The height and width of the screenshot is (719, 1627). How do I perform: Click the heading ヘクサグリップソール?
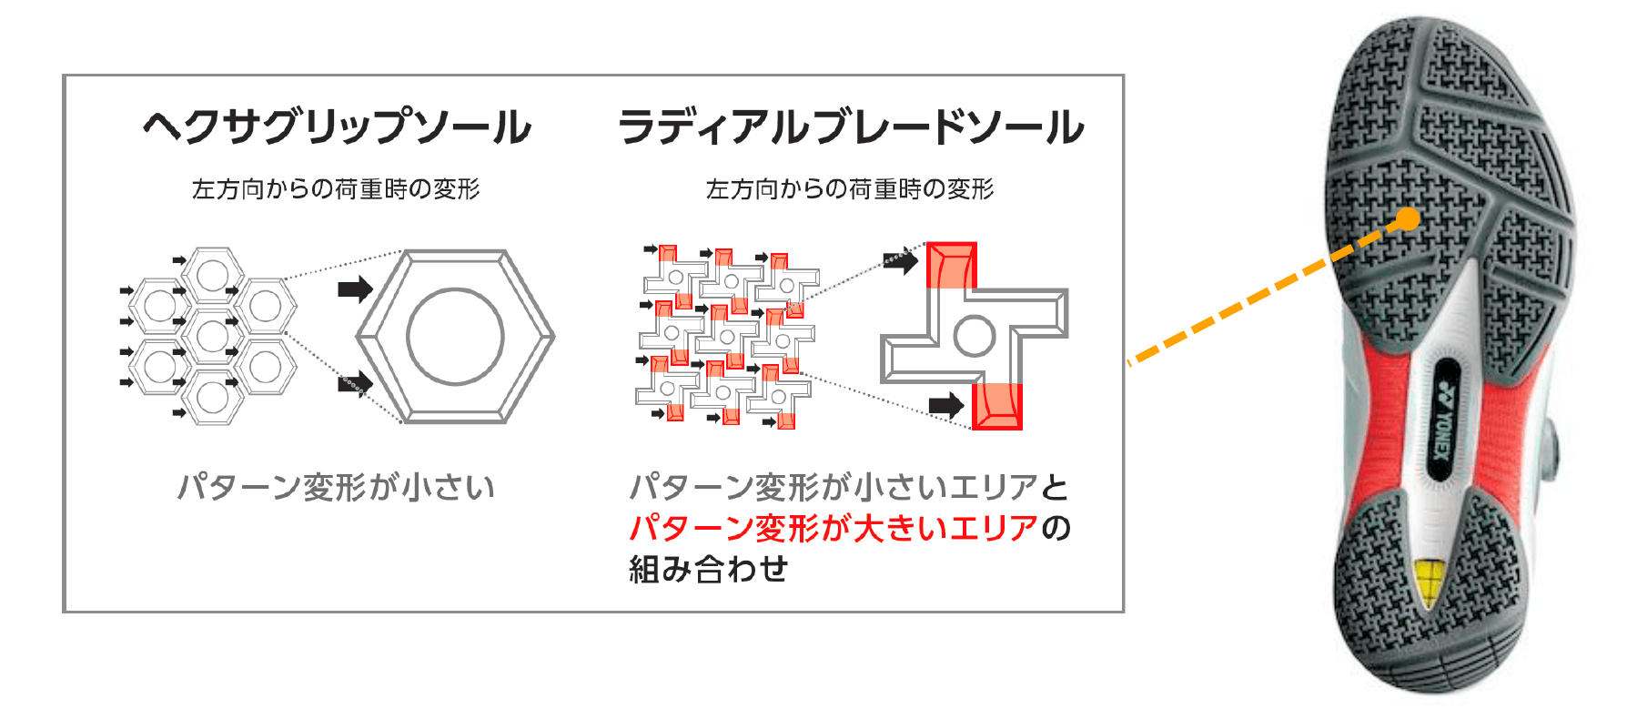338,127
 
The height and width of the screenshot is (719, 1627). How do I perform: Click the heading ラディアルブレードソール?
851,127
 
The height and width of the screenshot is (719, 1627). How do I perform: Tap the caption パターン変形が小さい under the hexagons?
336,487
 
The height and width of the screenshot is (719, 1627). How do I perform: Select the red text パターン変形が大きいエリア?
834,528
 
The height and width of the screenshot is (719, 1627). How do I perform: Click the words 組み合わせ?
708,569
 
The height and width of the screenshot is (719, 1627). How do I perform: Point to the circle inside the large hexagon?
455,336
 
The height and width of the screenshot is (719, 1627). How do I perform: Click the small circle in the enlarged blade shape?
974,336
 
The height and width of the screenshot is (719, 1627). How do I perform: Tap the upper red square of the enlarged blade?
951,265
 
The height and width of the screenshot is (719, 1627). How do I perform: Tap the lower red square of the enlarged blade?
997,406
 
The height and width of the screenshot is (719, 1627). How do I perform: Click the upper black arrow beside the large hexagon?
356,289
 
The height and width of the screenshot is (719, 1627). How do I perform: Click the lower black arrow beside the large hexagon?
356,383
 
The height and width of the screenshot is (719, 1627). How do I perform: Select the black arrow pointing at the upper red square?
901,261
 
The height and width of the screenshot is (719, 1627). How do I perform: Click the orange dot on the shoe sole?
1408,219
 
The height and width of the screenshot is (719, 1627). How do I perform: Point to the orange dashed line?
1268,291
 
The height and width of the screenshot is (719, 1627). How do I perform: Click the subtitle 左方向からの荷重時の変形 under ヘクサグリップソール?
336,188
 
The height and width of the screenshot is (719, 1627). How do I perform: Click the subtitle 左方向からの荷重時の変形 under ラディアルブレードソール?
850,188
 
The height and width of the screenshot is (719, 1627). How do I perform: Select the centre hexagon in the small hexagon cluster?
212,336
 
